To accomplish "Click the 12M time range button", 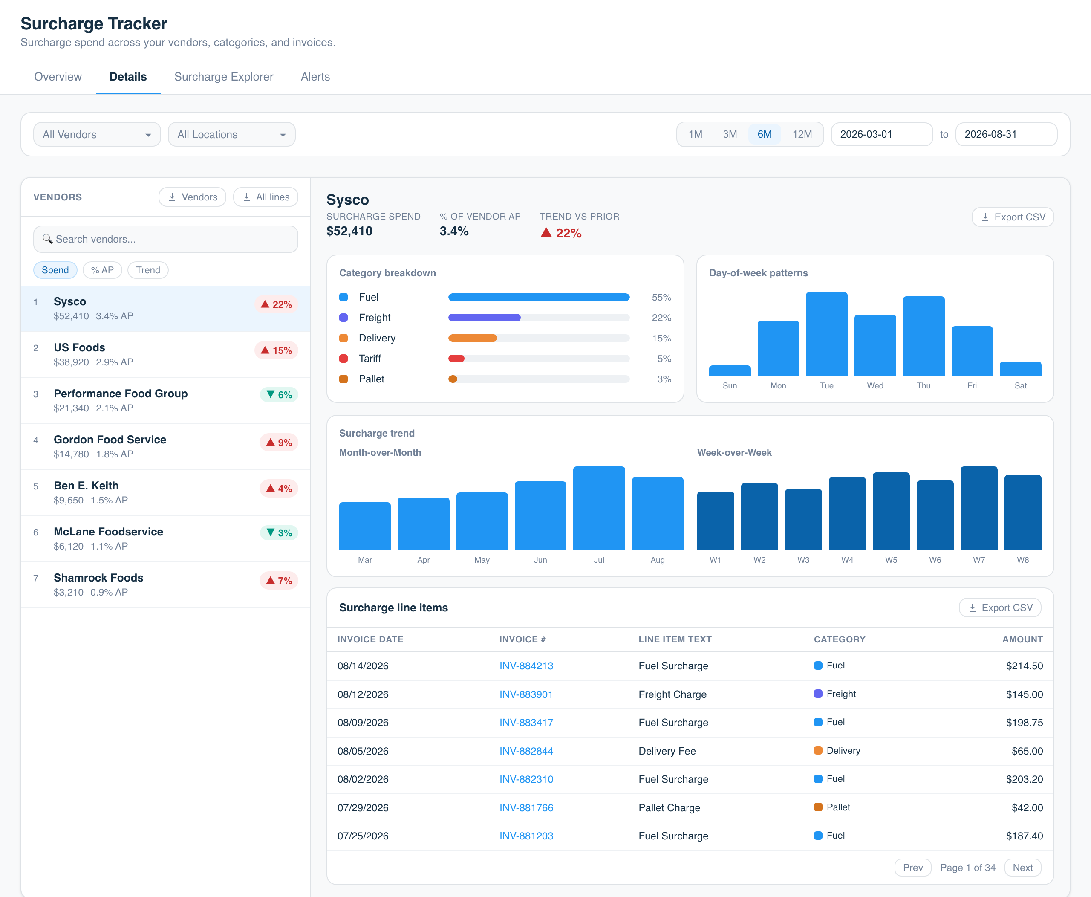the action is coord(802,134).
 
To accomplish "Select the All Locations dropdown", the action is coord(231,134).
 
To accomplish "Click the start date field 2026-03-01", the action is coord(881,134).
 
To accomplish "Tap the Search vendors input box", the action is coord(165,239).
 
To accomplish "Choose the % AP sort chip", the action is coord(102,270).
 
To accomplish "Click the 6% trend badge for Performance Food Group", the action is coord(279,395).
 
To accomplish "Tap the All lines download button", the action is coord(266,197).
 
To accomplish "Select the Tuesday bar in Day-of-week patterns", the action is coord(826,334).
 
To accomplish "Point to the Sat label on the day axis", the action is coord(1020,385).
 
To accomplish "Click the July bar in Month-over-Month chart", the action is coord(599,508).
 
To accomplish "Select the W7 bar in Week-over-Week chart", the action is coord(979,508).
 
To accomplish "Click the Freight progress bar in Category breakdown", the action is coord(539,318).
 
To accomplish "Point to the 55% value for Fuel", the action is coord(661,298).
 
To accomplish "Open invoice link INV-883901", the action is coord(526,694).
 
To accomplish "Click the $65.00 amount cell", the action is coord(1027,751).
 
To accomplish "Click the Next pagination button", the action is coord(1022,868).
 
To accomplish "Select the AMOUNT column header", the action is coord(1022,639).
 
